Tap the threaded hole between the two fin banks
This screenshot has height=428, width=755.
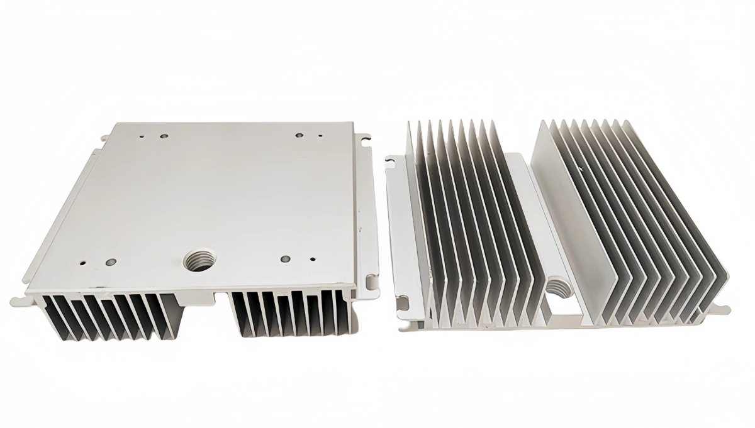(x=557, y=288)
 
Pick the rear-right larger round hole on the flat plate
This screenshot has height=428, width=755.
(x=299, y=134)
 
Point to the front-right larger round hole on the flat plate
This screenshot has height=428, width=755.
(x=285, y=258)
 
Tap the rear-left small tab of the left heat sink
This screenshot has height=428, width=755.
(x=103, y=135)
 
